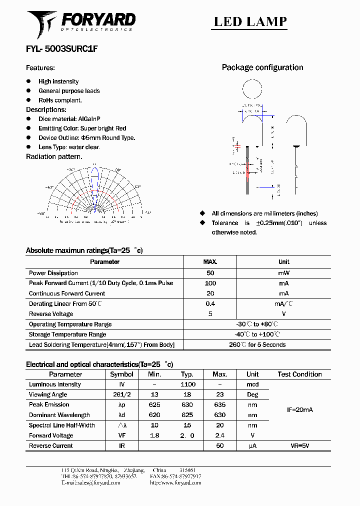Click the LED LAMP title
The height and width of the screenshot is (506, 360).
pos(250,21)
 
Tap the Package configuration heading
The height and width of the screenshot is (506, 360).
pos(262,67)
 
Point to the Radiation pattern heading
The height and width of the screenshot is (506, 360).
pos(53,156)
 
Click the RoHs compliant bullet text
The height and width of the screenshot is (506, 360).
pos(60,100)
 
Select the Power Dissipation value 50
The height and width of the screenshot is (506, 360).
pos(210,273)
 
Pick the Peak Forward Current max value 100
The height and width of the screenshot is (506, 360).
pos(210,283)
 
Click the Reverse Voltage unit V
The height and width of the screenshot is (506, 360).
pos(283,314)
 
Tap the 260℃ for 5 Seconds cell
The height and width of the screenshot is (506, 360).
pos(257,344)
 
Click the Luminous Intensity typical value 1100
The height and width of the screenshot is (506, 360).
pos(188,384)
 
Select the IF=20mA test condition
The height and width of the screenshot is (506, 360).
pos(299,409)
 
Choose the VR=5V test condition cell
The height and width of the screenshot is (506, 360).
pos(299,445)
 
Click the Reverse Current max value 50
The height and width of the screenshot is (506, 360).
pos(219,445)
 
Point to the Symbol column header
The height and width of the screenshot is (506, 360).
pos(121,374)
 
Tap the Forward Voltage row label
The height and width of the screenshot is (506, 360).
pos(51,435)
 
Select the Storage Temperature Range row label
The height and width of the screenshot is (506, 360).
pos(67,334)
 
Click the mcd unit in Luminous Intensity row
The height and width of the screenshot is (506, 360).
pos(252,384)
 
